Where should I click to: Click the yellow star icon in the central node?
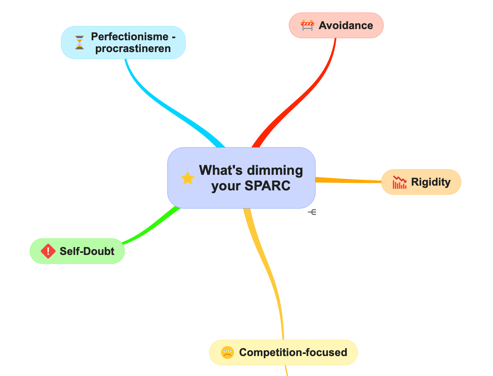click(188, 178)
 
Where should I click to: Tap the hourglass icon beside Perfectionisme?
click(80, 42)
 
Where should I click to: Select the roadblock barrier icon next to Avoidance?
click(307, 25)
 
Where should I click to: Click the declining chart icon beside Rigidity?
click(400, 182)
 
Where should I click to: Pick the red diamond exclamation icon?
click(48, 251)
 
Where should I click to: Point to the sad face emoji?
click(227, 352)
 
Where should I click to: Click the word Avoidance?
click(346, 25)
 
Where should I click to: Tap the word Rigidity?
click(431, 182)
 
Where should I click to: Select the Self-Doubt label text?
click(87, 251)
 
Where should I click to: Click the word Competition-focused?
click(293, 352)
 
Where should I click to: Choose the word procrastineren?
click(133, 49)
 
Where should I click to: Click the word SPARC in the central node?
click(267, 186)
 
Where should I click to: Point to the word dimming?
click(275, 170)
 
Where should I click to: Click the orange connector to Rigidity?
click(348, 180)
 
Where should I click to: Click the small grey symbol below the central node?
click(312, 212)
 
